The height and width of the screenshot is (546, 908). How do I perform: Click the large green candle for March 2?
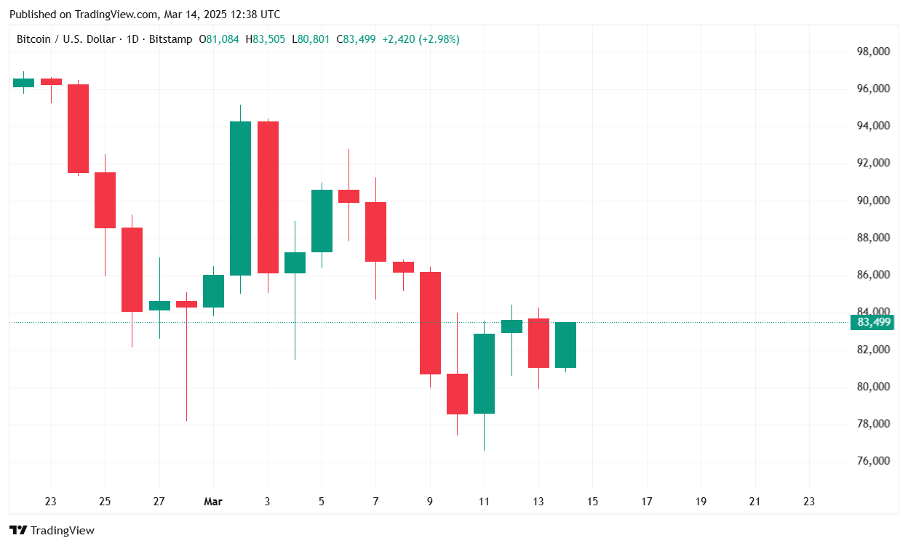pos(240,198)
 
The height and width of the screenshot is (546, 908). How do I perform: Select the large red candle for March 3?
pos(268,197)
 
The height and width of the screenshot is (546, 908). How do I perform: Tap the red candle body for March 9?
pos(430,323)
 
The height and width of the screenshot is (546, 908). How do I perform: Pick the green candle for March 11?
pos(484,374)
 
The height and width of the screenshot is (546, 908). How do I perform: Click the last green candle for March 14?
pos(565,345)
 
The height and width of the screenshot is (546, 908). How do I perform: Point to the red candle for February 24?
pos(78,129)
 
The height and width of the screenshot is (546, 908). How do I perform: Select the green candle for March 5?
pos(322,221)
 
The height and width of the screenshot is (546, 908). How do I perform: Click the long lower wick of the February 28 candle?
pos(186,364)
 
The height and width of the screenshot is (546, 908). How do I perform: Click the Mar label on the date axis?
pos(213,502)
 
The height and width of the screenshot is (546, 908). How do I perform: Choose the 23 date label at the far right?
pos(809,502)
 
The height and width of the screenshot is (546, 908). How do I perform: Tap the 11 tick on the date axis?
pos(484,502)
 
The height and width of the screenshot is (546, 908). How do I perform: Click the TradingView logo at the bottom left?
pos(52,531)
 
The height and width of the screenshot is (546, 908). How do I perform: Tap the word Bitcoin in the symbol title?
pos(33,39)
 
